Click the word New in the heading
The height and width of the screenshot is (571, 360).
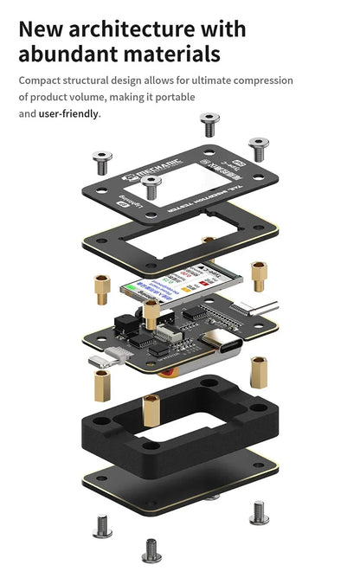[45, 28]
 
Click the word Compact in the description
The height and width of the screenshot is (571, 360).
[42, 80]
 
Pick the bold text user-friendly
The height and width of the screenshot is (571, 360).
[69, 113]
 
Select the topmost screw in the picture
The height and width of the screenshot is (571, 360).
[209, 123]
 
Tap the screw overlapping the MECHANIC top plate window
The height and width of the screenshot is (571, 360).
[151, 186]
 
